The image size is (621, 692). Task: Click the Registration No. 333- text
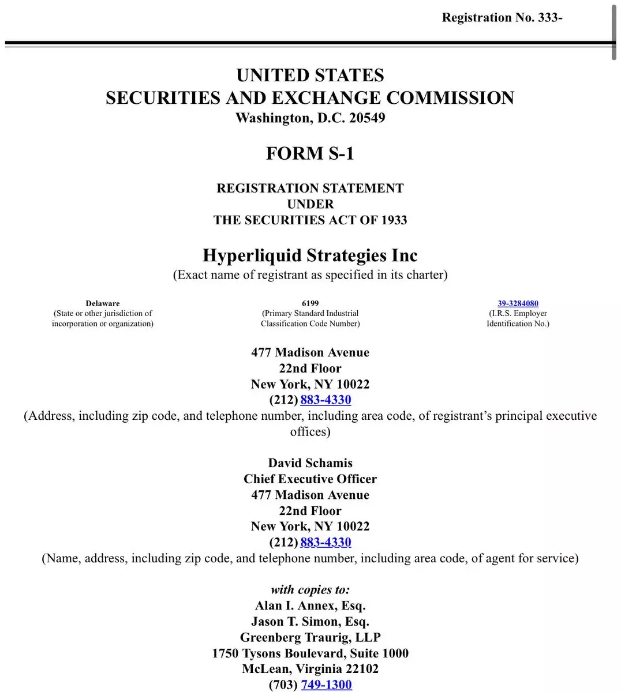(502, 17)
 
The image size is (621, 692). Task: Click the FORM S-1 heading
(310, 153)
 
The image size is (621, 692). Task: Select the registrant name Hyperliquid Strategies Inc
(310, 255)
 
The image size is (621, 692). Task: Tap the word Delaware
(103, 303)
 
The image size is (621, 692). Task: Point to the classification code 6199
(310, 303)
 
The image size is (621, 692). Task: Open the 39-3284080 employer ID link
(518, 303)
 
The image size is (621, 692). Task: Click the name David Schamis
(310, 463)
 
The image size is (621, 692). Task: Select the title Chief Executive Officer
(310, 479)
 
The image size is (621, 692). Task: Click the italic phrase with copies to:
(310, 589)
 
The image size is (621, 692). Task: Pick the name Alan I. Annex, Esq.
(310, 605)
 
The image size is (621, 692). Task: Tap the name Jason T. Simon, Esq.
(310, 621)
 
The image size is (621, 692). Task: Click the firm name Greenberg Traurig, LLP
(310, 637)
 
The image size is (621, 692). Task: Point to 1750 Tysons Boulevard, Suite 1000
(310, 653)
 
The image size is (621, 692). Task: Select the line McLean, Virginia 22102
(310, 669)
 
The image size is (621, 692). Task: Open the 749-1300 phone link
(326, 685)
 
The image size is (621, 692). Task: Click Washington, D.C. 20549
(310, 118)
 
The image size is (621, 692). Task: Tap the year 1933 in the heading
(394, 220)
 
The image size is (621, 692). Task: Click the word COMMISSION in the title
(450, 97)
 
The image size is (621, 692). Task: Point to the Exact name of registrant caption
(310, 275)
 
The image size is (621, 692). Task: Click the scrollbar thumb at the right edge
(614, 29)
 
